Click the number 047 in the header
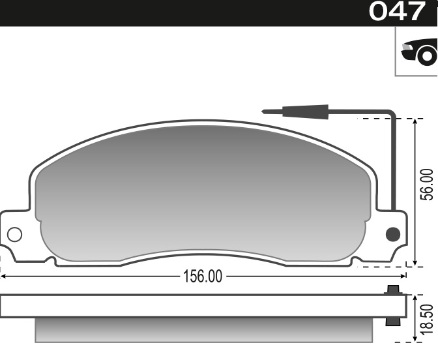(x=397, y=12)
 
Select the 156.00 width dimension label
(x=201, y=277)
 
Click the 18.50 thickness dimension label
(x=426, y=318)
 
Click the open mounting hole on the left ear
(x=14, y=234)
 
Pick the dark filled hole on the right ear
(x=392, y=234)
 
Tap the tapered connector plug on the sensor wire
(x=304, y=112)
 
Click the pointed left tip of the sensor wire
(x=264, y=112)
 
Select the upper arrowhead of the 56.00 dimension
(x=415, y=123)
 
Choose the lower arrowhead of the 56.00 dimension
(x=415, y=262)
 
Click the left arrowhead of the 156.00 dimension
(x=4, y=277)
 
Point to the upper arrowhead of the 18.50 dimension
(x=415, y=298)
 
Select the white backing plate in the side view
(x=196, y=306)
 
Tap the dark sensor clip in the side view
(x=392, y=306)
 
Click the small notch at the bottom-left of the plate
(x=50, y=261)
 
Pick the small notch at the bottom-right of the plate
(x=356, y=261)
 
